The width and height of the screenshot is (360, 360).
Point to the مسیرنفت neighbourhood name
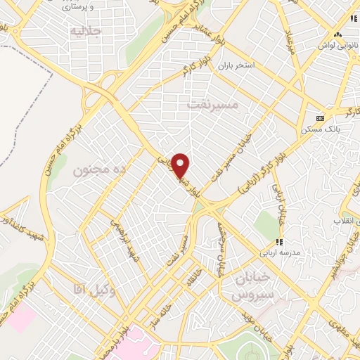click(x=214, y=104)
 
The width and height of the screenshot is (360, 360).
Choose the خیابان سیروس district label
click(x=246, y=284)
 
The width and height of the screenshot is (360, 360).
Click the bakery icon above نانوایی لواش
click(x=338, y=34)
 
